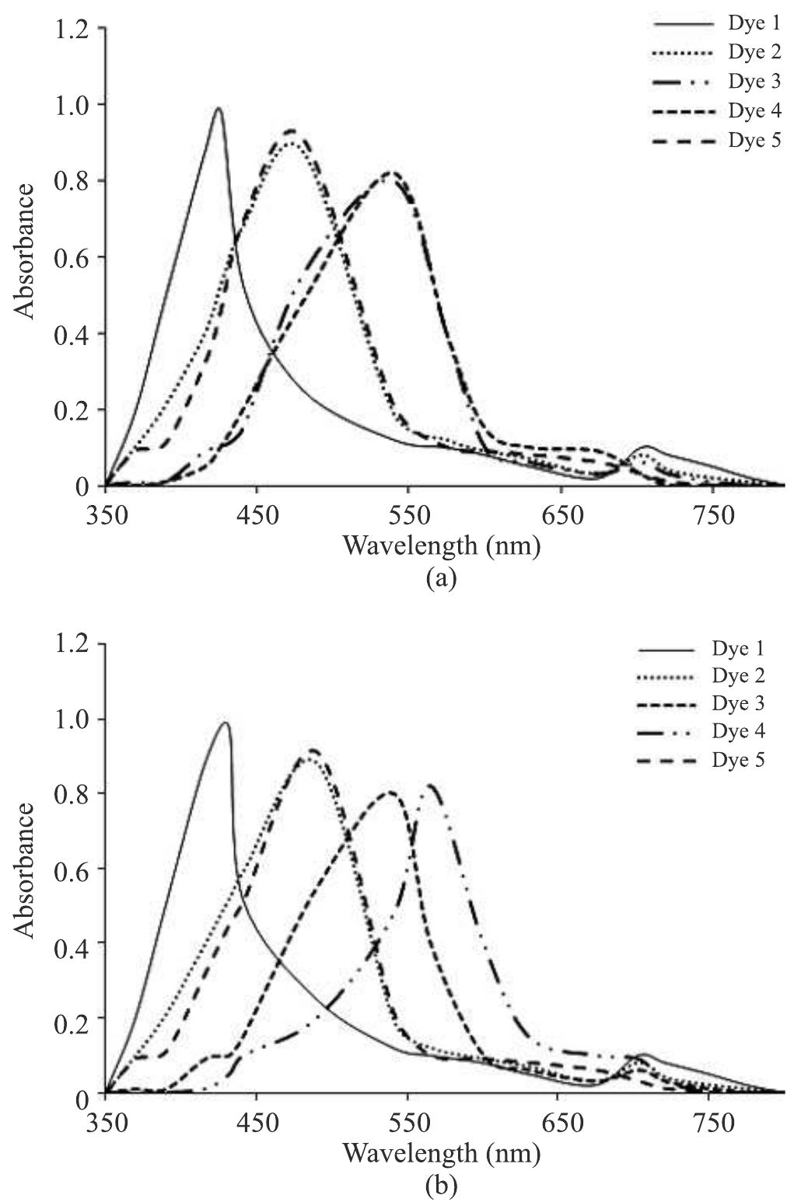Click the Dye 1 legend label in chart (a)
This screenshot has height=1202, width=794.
(x=754, y=24)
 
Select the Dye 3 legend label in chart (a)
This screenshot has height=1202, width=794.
(x=754, y=82)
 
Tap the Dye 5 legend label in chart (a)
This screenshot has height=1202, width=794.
(x=754, y=140)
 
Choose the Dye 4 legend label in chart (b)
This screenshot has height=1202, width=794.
(x=738, y=731)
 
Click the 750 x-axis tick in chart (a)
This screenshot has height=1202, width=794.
(x=712, y=515)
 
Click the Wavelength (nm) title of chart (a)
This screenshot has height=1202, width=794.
(x=441, y=546)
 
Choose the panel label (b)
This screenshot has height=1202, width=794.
(x=441, y=1186)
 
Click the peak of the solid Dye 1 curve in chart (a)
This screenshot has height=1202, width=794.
(x=219, y=108)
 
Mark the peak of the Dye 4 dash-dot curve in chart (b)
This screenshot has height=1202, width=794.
(x=430, y=785)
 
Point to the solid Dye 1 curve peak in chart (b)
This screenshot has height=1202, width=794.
(x=226, y=723)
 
